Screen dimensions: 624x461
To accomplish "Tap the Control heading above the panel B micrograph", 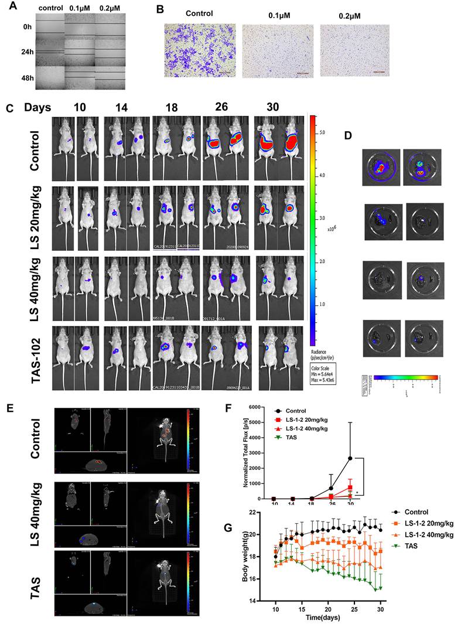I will [199, 13].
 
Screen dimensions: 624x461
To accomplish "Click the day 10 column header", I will [79, 107].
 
